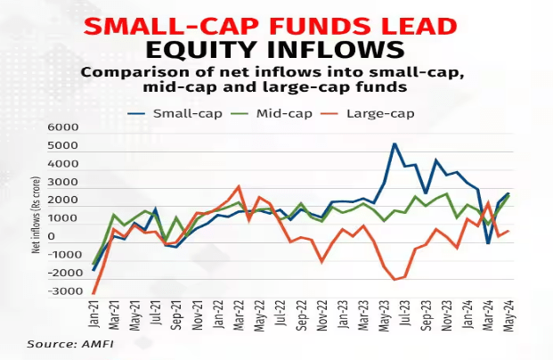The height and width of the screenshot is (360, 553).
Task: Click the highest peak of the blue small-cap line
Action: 394,143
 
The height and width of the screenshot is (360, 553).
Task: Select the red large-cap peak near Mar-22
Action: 239,187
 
